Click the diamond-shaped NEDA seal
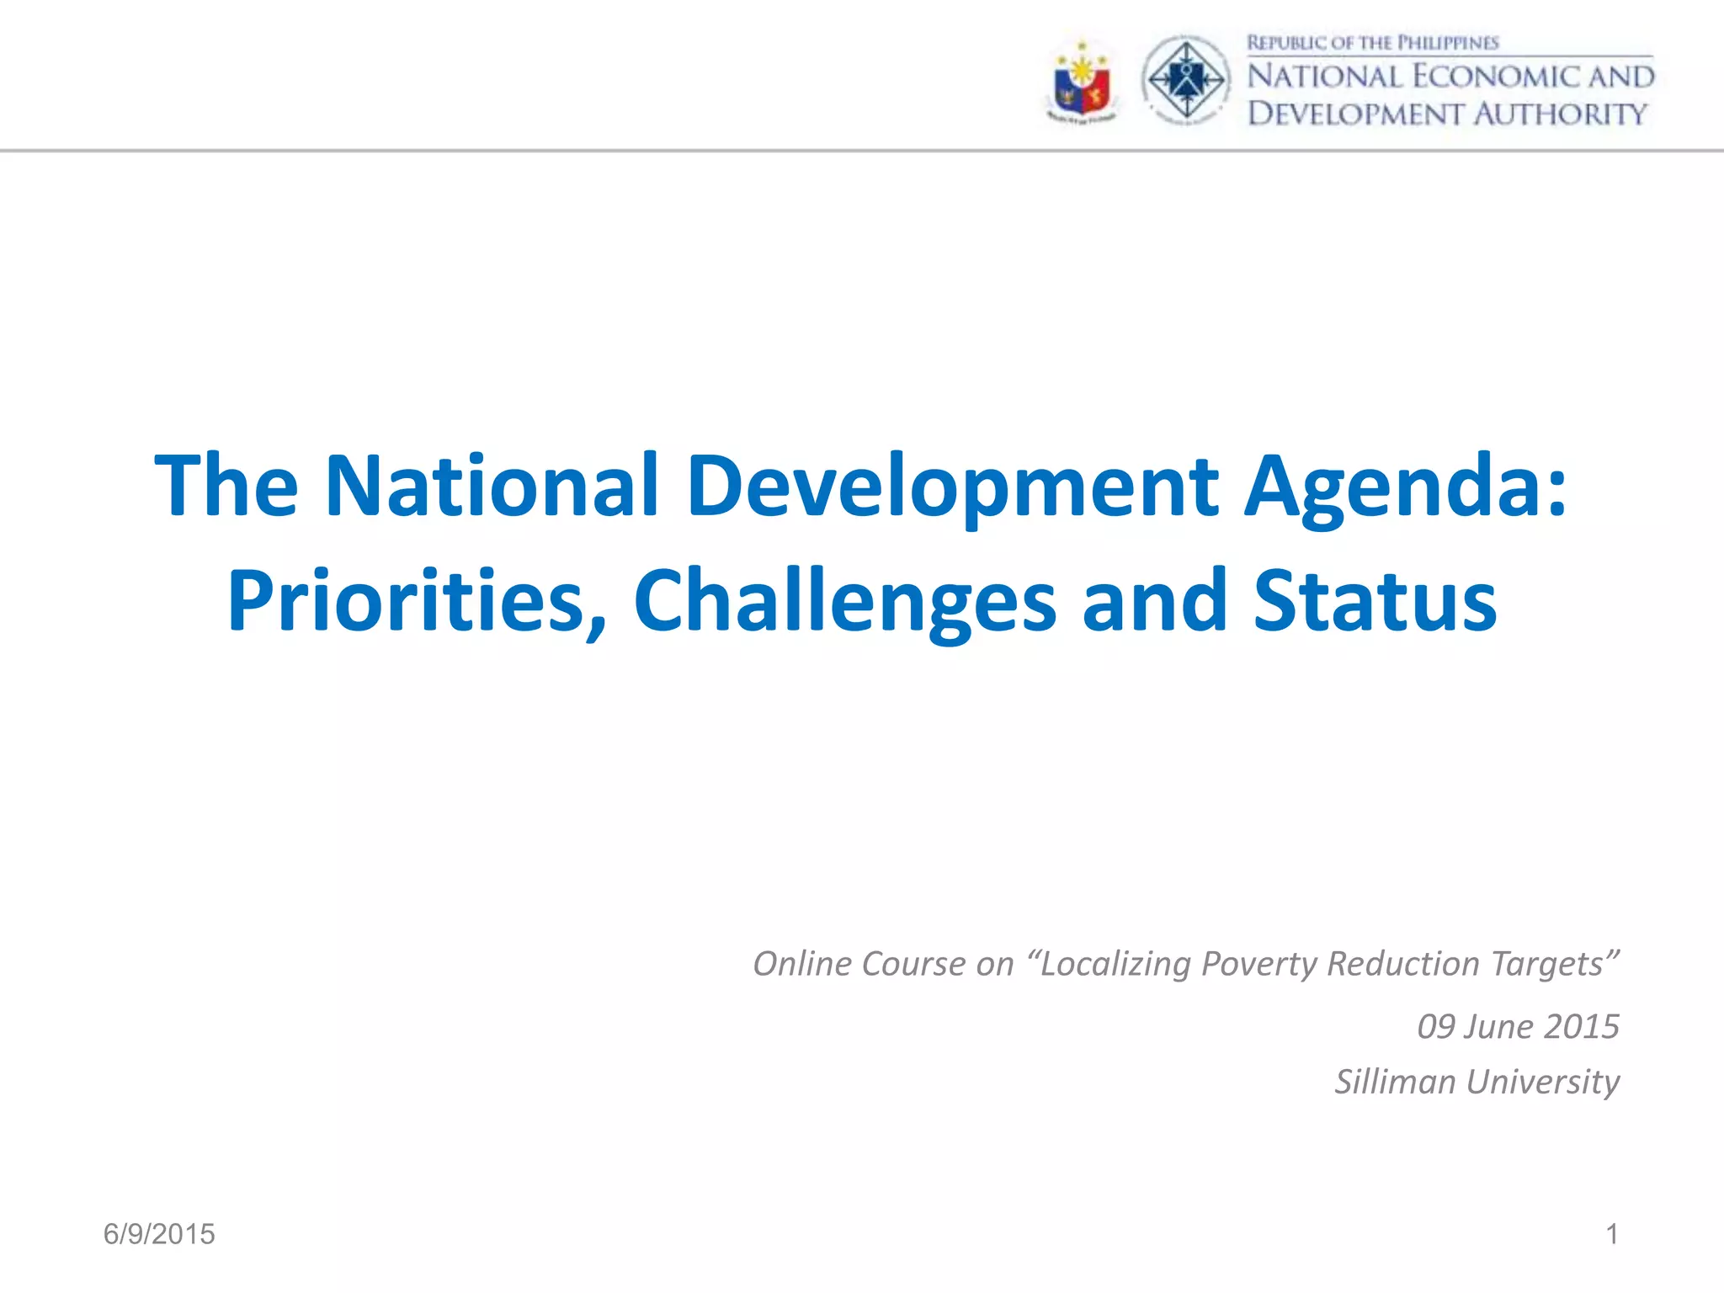[x=1186, y=80]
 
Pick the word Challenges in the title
[x=844, y=603]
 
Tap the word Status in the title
[x=1375, y=601]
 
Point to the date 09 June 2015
[x=1518, y=1027]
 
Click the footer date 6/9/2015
[x=159, y=1234]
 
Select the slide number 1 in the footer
[x=1611, y=1234]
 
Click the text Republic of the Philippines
[x=1372, y=43]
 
